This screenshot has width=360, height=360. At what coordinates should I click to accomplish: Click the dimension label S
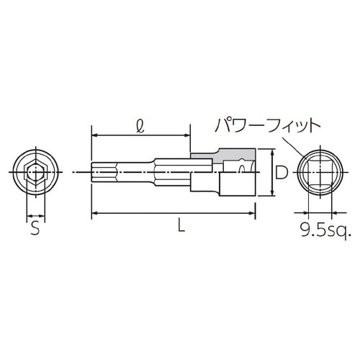(34, 230)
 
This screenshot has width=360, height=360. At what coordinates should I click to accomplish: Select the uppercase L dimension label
(181, 226)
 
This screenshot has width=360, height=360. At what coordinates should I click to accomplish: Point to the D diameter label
(282, 172)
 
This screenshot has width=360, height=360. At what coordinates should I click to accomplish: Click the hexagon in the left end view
(35, 173)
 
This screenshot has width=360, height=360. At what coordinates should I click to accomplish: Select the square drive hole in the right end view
(319, 172)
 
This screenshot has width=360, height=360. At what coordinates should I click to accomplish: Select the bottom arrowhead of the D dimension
(272, 192)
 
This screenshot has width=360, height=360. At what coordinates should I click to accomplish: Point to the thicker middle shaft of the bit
(173, 172)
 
